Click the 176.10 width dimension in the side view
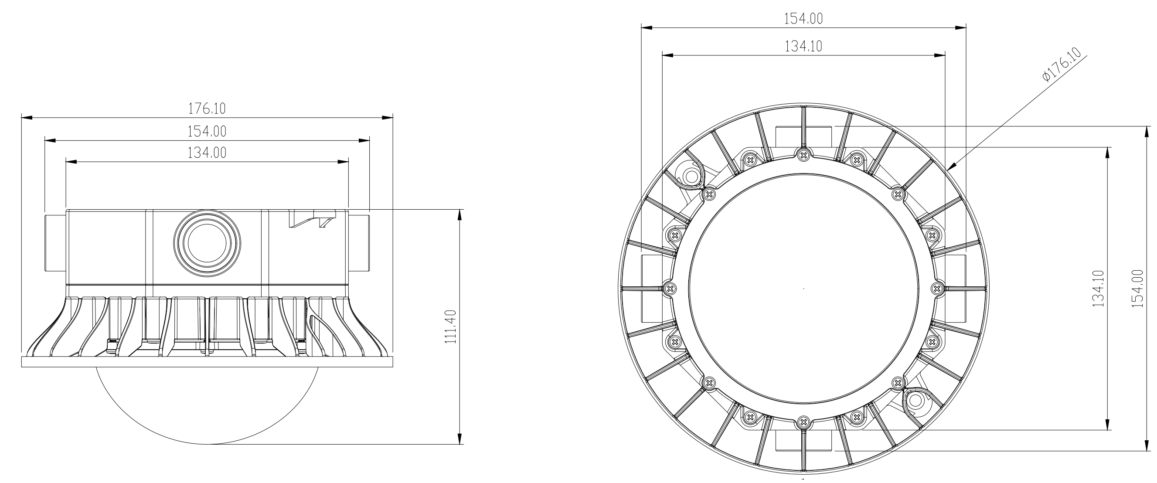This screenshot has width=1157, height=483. tap(207, 109)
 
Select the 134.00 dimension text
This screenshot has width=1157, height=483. tap(207, 153)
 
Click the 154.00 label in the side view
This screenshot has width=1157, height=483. tap(207, 131)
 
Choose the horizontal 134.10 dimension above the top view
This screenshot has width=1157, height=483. tap(803, 46)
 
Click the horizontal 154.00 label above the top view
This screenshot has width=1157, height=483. tap(803, 19)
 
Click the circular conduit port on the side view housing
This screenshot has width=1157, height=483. tap(207, 243)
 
